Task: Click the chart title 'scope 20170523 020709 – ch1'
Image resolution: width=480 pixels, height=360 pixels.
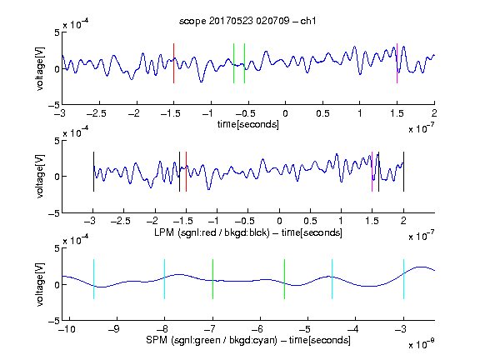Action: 247,21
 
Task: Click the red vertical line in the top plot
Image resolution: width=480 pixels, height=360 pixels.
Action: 174,63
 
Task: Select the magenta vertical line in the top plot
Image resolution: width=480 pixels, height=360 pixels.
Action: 397,63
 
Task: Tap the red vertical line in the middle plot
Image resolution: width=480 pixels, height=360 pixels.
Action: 186,172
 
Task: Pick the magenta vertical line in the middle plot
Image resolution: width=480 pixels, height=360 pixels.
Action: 372,172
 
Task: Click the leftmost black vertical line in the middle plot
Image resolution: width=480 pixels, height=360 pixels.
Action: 93,172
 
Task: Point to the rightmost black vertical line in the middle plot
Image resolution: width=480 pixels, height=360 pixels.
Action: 404,172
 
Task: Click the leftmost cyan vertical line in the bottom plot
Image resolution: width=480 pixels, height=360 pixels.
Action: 93,279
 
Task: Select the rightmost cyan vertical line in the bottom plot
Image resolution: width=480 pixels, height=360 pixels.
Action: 404,279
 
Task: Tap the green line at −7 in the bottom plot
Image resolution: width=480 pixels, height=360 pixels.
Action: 212,279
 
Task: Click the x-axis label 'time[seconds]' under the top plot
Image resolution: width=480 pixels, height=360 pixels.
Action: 248,125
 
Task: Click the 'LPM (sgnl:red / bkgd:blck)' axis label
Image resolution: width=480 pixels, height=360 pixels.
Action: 212,232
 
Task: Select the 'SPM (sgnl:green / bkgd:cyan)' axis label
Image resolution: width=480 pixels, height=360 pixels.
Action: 212,340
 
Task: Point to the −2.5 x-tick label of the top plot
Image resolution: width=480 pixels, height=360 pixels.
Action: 97,113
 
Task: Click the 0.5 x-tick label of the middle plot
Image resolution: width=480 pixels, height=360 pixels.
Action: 310,222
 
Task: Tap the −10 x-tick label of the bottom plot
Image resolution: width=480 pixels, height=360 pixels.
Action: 67,329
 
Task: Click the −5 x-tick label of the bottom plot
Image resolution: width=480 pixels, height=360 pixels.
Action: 304,329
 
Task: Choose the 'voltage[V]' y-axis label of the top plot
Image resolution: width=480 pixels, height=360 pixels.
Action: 40,68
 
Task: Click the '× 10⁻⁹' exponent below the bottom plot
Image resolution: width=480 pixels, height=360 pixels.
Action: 421,344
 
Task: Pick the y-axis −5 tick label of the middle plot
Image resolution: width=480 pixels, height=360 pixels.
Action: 54,213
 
